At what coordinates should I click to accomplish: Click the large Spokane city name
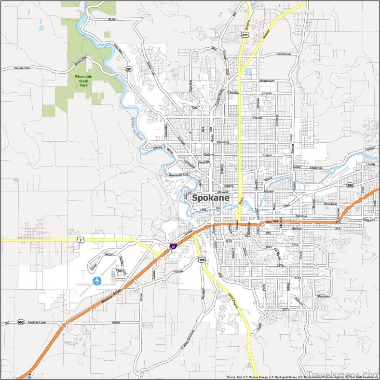211,198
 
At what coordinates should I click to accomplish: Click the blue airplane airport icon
97,280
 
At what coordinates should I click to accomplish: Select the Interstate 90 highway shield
173,246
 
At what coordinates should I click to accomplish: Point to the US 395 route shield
245,35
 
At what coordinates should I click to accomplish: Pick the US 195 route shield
202,260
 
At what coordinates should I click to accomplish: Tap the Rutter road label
112,19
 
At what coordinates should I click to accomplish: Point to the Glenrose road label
322,296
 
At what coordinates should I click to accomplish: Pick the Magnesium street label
267,81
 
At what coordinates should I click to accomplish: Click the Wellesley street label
223,142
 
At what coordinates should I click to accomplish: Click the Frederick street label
316,168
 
